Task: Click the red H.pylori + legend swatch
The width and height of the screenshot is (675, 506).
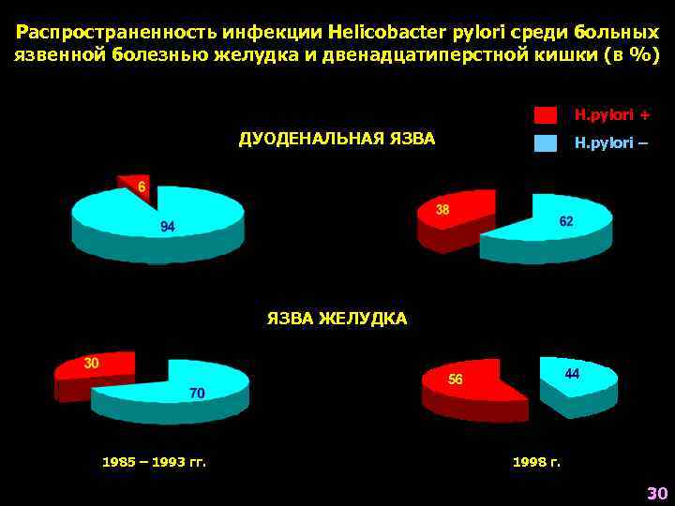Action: coord(546,115)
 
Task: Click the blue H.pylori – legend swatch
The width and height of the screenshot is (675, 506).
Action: coord(546,143)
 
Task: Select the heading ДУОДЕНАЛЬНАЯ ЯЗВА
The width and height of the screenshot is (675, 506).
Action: coord(337,140)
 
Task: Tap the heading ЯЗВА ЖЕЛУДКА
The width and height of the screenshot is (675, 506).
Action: coord(337,319)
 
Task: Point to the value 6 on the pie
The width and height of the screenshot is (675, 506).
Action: coord(142,187)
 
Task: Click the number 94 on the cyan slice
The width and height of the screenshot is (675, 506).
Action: coord(168,227)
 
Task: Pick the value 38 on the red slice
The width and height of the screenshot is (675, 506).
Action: coord(442,210)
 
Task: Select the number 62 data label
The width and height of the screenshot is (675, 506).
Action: coord(566,221)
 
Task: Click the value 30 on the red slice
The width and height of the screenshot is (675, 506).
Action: coord(92,364)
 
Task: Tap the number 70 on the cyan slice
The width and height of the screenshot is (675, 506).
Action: coord(197,394)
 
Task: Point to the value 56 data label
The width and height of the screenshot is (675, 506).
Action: coord(456,379)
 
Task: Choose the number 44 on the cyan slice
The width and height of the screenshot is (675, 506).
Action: coord(572,373)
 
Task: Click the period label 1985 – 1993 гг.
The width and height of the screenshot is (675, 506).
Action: coord(154,461)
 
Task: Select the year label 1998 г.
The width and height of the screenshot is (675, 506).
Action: coord(536,461)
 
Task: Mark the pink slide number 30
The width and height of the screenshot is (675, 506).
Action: coord(655,494)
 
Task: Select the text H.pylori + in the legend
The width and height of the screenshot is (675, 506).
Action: coord(611,115)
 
